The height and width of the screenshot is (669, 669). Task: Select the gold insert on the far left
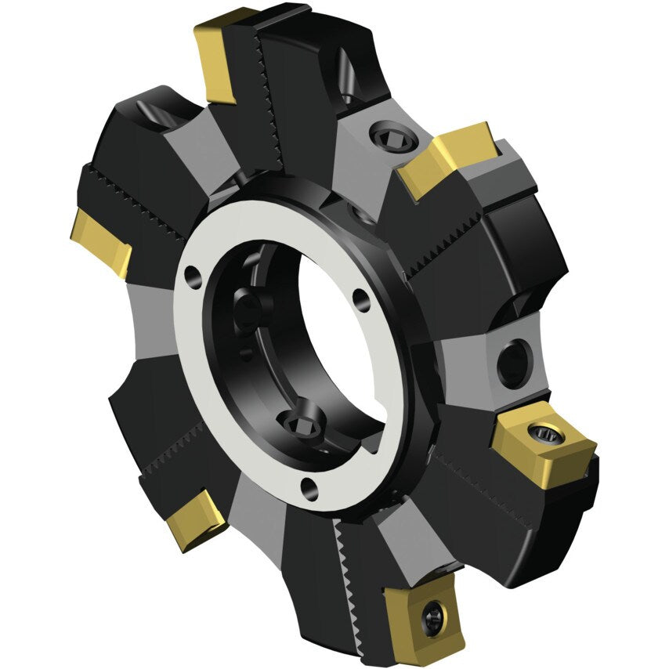coord(100,244)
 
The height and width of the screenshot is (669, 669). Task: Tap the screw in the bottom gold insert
coord(430,619)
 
